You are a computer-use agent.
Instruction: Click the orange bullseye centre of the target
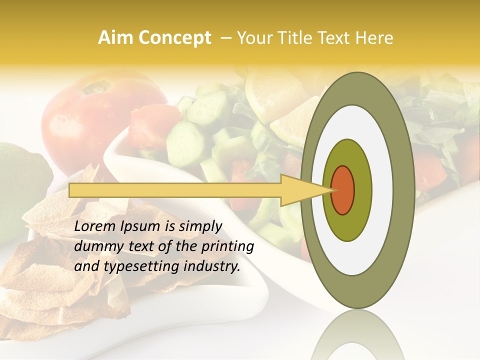(343, 190)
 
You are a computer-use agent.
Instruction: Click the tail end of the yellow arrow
(70, 190)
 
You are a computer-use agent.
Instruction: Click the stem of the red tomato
(96, 88)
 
